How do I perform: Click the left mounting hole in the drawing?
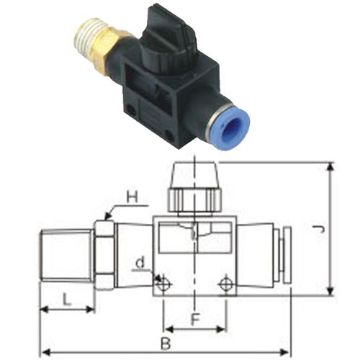pos(163,284)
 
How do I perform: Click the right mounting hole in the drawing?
pos(227,284)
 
